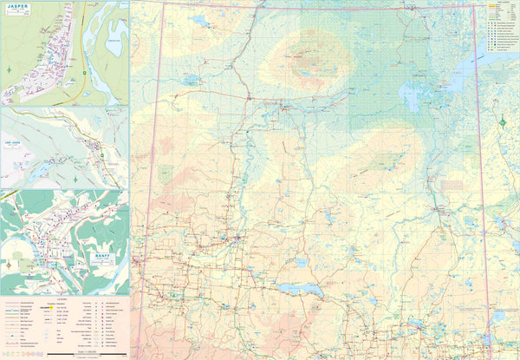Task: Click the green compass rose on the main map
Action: point(504,121)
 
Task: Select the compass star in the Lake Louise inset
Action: point(75,178)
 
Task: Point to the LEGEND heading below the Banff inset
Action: point(65,300)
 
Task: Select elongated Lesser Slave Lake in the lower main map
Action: point(300,288)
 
